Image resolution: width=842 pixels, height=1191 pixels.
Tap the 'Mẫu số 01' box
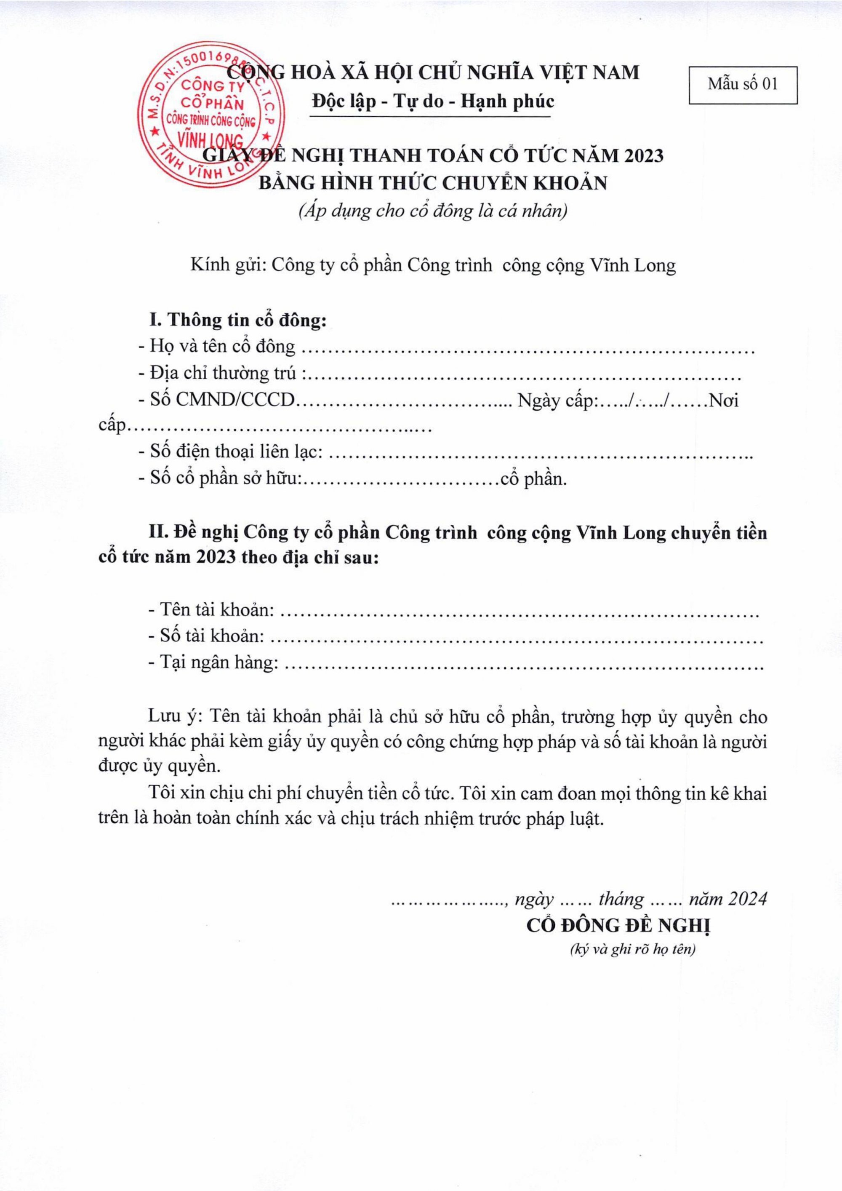[x=743, y=85]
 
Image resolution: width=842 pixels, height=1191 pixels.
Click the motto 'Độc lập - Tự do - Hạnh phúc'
[x=432, y=101]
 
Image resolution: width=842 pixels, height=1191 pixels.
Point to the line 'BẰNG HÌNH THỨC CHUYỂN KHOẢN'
[x=432, y=183]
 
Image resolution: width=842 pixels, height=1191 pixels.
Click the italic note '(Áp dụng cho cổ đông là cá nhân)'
[x=432, y=212]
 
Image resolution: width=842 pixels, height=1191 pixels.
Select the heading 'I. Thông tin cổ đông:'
[x=238, y=320]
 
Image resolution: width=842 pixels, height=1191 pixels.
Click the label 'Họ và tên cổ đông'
[x=222, y=346]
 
